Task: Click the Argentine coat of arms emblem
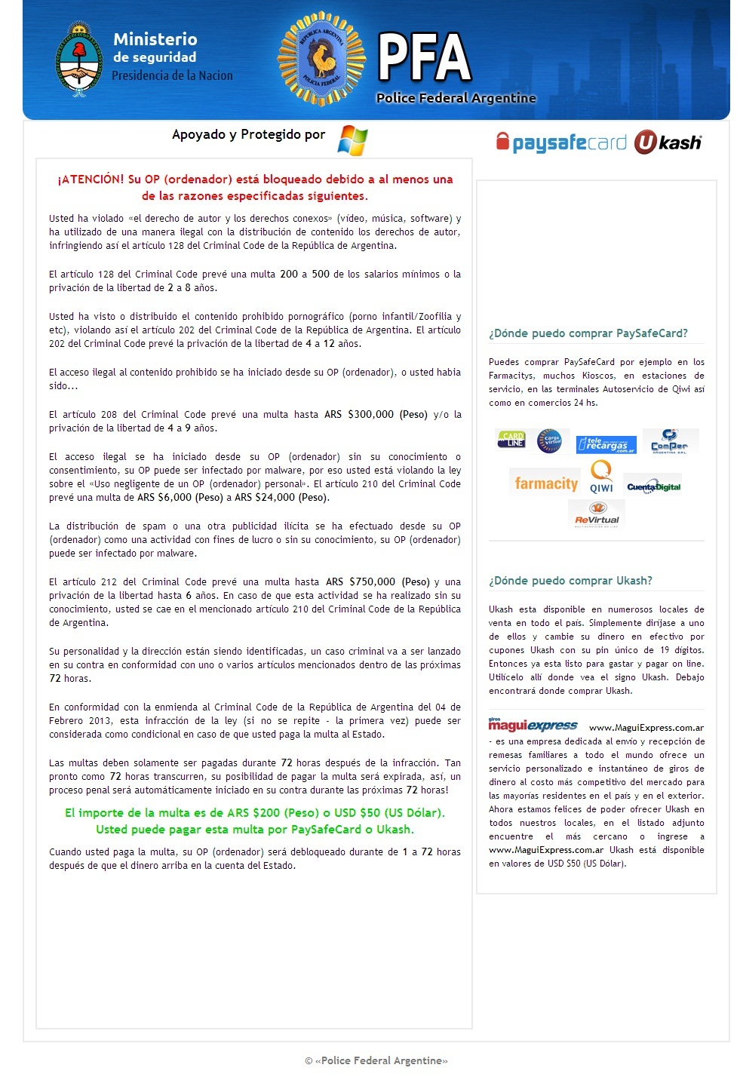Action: pos(78,60)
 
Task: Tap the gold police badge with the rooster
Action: pos(321,59)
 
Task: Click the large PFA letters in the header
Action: pos(425,57)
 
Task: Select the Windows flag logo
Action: pos(352,140)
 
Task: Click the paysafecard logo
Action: pos(561,143)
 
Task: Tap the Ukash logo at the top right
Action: pos(668,143)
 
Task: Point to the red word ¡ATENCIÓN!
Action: pos(91,179)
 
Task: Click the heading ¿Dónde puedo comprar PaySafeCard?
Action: pos(588,333)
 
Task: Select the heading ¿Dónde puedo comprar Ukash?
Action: pos(570,581)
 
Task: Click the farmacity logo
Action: pos(546,483)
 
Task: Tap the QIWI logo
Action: pos(601,477)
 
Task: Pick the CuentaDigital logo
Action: pos(653,486)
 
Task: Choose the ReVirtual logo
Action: pos(597,514)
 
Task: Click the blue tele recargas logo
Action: pos(606,444)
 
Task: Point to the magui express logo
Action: pos(533,726)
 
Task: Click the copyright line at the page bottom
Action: pos(376,1060)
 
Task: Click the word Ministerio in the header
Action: pos(155,39)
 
